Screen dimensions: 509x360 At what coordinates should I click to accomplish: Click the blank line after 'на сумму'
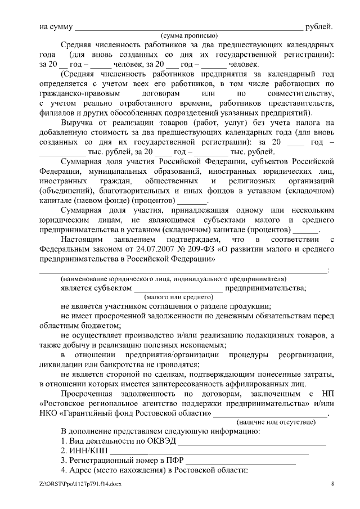(188, 26)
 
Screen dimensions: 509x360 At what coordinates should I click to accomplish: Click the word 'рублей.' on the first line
(319, 26)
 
